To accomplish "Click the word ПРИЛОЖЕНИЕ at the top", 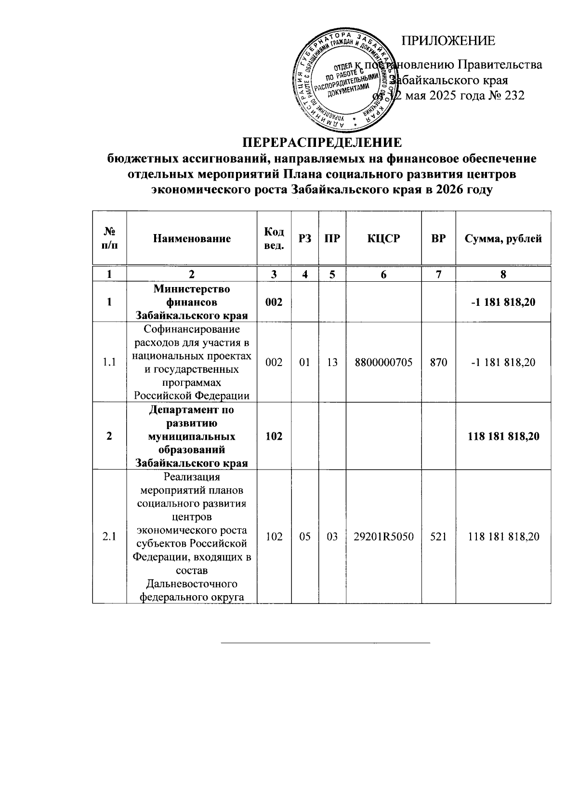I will click(448, 41).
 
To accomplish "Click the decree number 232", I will click(514, 95).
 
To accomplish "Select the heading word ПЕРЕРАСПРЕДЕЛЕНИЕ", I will click(321, 143).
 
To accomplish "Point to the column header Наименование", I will click(192, 238).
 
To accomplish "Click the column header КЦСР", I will click(383, 238).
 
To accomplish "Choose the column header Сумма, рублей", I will click(503, 238).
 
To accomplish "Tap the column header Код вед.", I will click(274, 238).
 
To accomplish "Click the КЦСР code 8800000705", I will click(383, 362).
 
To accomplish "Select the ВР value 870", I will click(438, 362).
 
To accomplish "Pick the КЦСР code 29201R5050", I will click(383, 536).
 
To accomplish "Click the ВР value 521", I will click(438, 536).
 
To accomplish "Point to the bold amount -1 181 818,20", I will click(503, 302).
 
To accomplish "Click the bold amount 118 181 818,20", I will click(503, 436).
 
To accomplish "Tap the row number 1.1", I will click(109, 362).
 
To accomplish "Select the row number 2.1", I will click(109, 536).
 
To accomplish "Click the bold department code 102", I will click(274, 436).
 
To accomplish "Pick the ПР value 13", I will click(332, 362).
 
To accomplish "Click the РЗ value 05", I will click(304, 536).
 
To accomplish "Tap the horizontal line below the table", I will click(325, 642).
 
